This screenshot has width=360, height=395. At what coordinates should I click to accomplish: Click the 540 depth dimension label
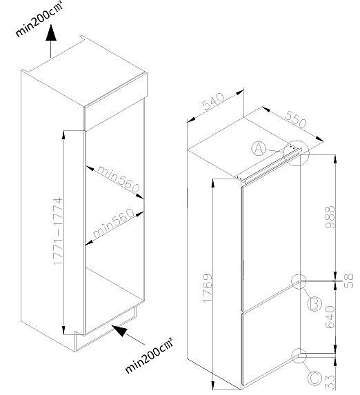tap(213, 101)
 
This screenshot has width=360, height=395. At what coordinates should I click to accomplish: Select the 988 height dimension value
tap(330, 217)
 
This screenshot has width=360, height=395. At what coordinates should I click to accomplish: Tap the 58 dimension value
tap(348, 281)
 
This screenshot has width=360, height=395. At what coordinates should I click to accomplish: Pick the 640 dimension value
tap(330, 317)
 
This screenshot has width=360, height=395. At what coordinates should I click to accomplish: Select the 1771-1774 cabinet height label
tap(58, 231)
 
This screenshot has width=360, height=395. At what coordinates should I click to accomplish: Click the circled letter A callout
tap(259, 149)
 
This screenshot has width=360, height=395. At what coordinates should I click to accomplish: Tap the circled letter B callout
tap(314, 303)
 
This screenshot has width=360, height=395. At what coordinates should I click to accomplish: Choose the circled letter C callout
tap(315, 378)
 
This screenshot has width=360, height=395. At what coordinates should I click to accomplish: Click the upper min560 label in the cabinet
tap(118, 179)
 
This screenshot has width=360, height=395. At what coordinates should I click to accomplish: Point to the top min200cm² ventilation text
tap(39, 19)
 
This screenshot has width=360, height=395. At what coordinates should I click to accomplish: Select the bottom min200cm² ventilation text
tap(149, 355)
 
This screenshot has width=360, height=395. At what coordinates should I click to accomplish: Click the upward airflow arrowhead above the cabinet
tap(51, 32)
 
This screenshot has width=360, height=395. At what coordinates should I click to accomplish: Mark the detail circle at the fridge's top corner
tap(296, 153)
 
